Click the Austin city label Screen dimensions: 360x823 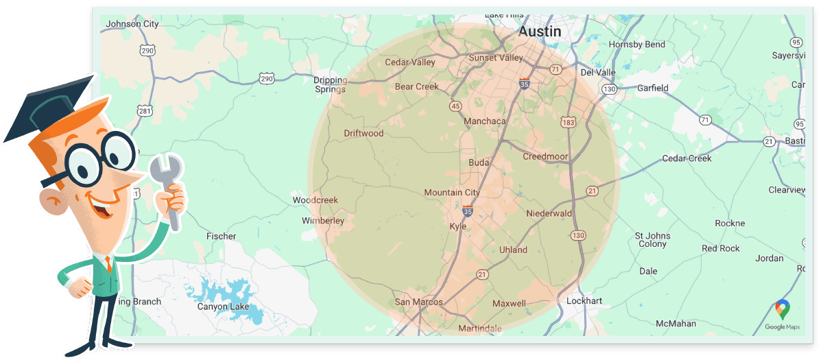pos(540,32)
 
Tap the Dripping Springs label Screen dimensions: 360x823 pos(330,84)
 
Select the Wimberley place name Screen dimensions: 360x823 pos(323,221)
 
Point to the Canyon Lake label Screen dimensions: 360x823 pos(223,307)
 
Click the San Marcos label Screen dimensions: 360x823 pos(418,302)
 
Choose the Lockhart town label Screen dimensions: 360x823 pos(584,301)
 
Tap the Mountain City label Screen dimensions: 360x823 pos(452,193)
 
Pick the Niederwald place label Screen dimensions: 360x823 pos(549,214)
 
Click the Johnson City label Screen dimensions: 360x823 pos(132,24)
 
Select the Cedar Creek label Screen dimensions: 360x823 pos(687,158)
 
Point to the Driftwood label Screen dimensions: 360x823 pos(363,134)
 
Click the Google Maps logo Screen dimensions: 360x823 pos(783,315)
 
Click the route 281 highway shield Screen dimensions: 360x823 pos(145,110)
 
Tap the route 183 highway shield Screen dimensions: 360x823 pos(567,121)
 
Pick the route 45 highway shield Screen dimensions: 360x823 pos(455,106)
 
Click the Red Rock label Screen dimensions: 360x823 pos(720,248)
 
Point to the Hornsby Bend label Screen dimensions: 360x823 pos(636,45)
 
